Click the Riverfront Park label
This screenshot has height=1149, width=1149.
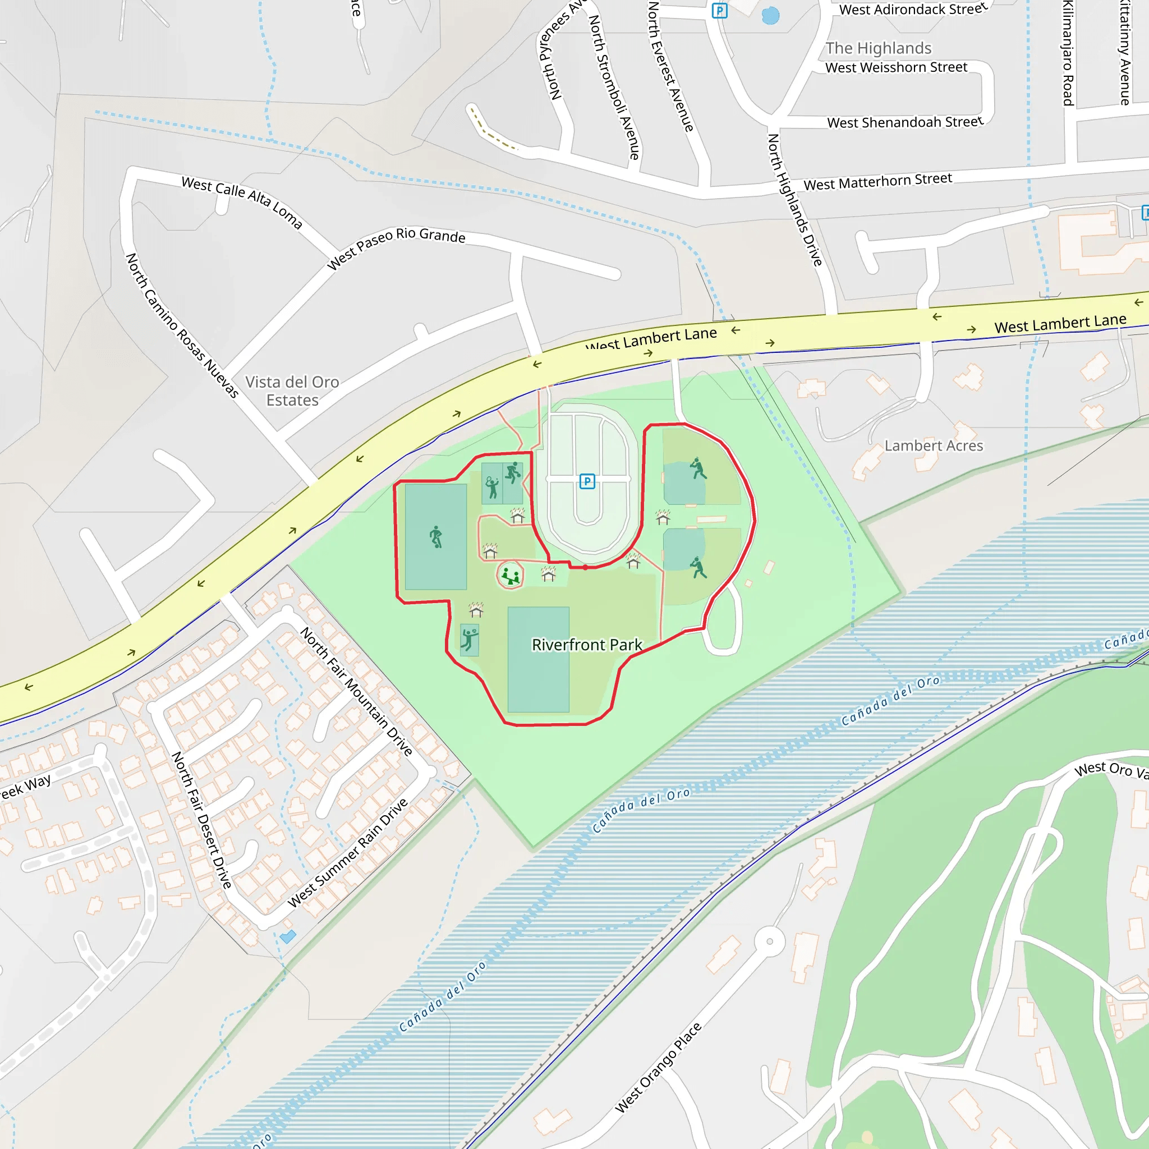point(586,645)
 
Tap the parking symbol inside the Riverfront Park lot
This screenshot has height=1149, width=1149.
point(587,481)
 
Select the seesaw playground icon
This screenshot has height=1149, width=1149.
point(509,575)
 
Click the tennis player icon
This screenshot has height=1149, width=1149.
point(492,488)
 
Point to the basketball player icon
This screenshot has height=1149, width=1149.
point(513,473)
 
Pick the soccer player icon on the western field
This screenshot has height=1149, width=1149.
point(436,536)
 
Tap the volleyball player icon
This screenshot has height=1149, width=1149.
point(469,640)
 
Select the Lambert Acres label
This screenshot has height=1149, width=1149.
point(933,445)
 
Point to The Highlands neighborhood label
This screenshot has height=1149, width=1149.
point(878,48)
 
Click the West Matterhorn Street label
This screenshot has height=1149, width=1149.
point(877,181)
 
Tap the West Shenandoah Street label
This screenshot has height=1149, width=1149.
point(904,122)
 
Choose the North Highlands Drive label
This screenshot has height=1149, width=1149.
point(794,200)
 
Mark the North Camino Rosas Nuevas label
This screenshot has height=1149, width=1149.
point(182,325)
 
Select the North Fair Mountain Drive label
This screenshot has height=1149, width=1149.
point(356,691)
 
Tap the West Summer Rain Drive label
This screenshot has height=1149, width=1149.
point(348,853)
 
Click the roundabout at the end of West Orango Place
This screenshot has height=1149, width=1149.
point(770,941)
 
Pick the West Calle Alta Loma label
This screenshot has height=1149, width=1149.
point(242,201)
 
